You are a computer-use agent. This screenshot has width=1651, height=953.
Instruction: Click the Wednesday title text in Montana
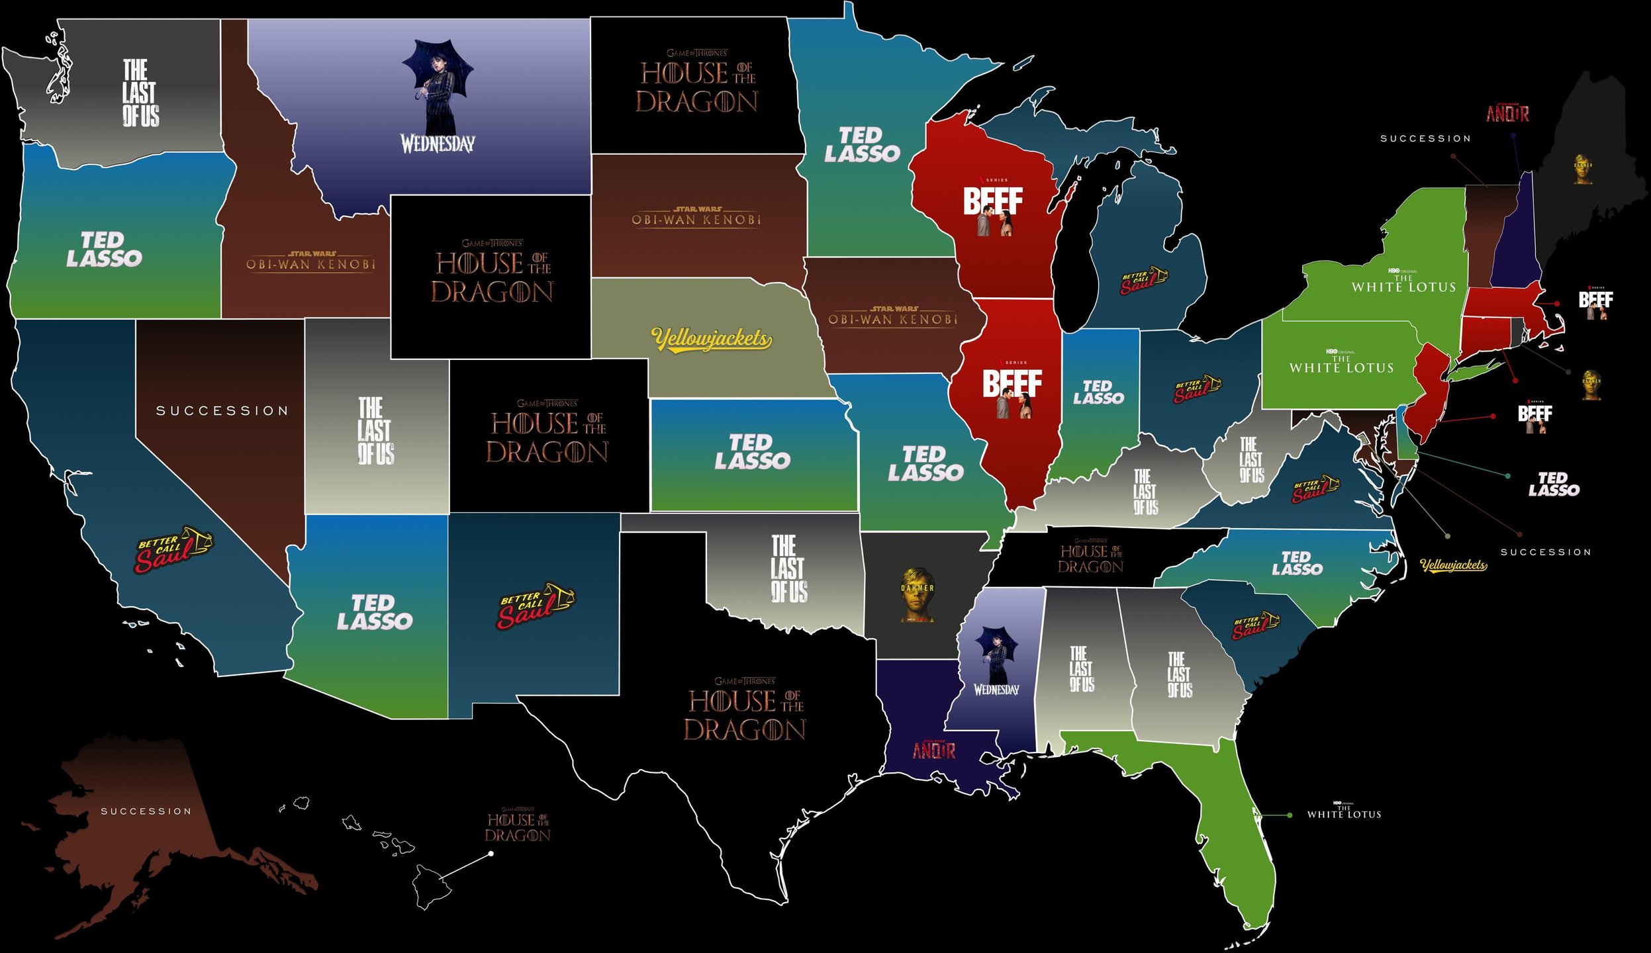pyautogui.click(x=438, y=143)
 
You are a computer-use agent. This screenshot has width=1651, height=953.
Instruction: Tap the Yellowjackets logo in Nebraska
pyautogui.click(x=712, y=339)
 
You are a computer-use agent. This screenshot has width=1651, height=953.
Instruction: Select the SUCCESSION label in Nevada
pyautogui.click(x=222, y=411)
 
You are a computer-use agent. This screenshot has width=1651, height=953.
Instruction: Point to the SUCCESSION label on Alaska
pyautogui.click(x=146, y=811)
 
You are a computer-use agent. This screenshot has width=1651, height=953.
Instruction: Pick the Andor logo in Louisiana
pyautogui.click(x=934, y=749)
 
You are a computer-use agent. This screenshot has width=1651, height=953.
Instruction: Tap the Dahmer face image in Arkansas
pyautogui.click(x=917, y=594)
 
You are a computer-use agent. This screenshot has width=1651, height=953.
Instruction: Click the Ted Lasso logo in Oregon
pyautogui.click(x=104, y=250)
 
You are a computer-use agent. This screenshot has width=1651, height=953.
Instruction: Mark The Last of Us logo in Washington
pyautogui.click(x=140, y=93)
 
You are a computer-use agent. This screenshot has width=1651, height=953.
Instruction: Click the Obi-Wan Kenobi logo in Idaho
pyautogui.click(x=310, y=262)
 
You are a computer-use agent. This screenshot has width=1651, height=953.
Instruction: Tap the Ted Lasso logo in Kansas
pyautogui.click(x=752, y=453)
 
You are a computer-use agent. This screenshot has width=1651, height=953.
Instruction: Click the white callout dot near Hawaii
pyautogui.click(x=491, y=854)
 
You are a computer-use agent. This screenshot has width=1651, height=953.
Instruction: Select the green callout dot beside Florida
pyautogui.click(x=1289, y=815)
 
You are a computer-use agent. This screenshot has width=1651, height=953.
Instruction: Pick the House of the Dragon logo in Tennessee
pyautogui.click(x=1091, y=557)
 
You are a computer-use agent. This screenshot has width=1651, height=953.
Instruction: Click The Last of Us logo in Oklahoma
pyautogui.click(x=788, y=569)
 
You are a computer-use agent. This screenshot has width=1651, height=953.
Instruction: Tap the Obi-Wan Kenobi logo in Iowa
pyautogui.click(x=893, y=317)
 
